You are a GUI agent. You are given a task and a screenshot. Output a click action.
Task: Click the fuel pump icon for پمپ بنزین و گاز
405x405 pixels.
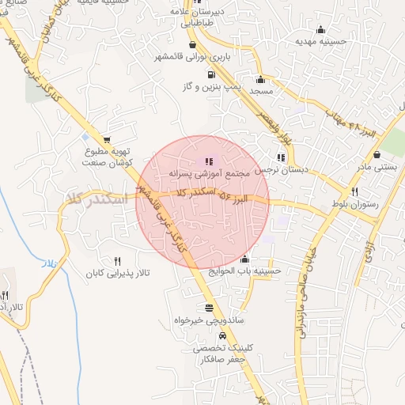click(210, 75)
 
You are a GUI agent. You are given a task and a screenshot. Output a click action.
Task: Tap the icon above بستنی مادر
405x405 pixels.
click(377, 154)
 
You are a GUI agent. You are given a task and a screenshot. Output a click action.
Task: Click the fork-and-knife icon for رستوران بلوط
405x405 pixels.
click(354, 191)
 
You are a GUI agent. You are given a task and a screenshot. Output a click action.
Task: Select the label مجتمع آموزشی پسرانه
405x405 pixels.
click(210, 173)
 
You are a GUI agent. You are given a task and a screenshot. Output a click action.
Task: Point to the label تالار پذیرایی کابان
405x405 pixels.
click(118, 274)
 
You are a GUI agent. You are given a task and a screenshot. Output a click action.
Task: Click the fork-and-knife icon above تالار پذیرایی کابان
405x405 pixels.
click(118, 260)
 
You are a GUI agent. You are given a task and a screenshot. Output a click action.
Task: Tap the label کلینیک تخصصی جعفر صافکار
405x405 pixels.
click(207, 353)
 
